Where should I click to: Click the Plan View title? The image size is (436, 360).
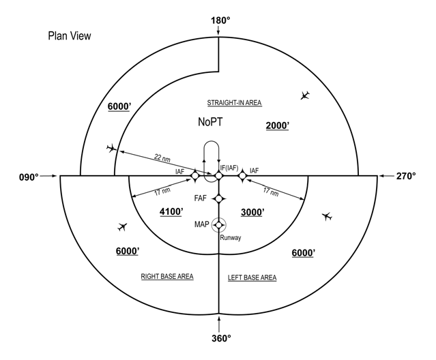(70, 36)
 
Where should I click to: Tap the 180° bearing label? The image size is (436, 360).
(220, 20)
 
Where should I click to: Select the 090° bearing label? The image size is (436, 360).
(29, 177)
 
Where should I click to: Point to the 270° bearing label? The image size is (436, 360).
(406, 176)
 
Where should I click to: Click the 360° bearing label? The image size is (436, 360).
(221, 338)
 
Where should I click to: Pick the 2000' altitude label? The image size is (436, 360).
(278, 126)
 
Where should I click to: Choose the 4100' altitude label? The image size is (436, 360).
(171, 211)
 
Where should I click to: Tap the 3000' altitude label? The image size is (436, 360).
(252, 212)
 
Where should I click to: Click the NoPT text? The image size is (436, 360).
(210, 121)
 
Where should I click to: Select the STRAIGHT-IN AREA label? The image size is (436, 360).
(234, 103)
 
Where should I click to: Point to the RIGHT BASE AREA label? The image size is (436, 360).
(167, 276)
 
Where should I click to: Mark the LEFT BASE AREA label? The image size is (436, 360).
(252, 277)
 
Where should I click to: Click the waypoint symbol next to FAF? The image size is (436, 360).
(219, 199)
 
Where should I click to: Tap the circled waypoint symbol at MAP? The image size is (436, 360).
(219, 225)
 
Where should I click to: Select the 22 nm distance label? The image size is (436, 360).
(162, 158)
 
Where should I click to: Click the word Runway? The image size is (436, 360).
(231, 238)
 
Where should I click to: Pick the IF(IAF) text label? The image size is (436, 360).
(229, 168)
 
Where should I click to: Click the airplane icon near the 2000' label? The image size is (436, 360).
(305, 95)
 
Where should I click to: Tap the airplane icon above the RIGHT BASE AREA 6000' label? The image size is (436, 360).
(122, 226)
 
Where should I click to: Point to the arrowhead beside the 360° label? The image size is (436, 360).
(219, 317)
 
